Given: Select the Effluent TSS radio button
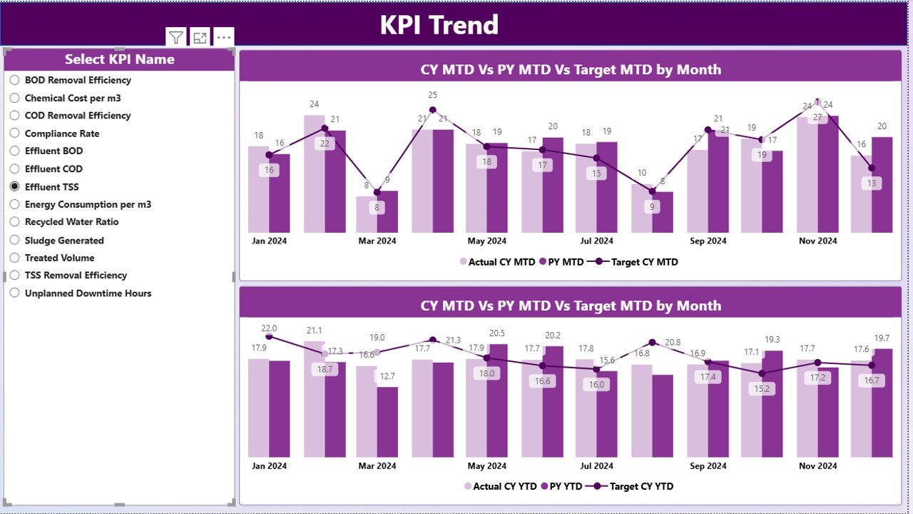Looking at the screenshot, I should [14, 186].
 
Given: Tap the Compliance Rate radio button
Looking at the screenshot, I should [14, 133].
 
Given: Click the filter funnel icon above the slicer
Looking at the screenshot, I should [175, 38].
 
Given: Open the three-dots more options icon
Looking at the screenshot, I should [224, 38].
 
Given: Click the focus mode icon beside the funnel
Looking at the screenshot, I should [200, 38].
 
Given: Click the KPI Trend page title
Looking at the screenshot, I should [439, 25].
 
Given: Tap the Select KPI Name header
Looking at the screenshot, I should [119, 59].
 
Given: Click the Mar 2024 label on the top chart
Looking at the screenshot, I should [377, 241].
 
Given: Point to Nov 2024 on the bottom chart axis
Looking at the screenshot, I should [817, 466].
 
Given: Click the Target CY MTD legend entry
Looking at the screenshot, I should [636, 262].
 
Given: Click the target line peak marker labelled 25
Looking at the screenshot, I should [433, 110].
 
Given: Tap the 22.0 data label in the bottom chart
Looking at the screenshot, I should [269, 328].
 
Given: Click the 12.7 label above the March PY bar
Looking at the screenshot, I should [387, 376].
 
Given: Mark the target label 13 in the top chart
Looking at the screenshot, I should [872, 183].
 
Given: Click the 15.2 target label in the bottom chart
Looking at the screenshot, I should [762, 388].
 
